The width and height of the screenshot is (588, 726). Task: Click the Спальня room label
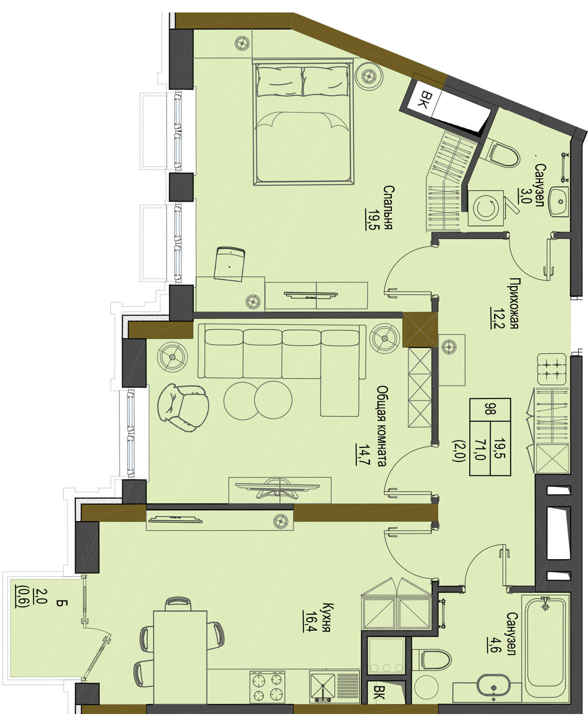pos(389,208)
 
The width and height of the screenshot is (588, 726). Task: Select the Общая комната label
pos(382,426)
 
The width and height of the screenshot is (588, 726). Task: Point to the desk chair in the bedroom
pos(230,264)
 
